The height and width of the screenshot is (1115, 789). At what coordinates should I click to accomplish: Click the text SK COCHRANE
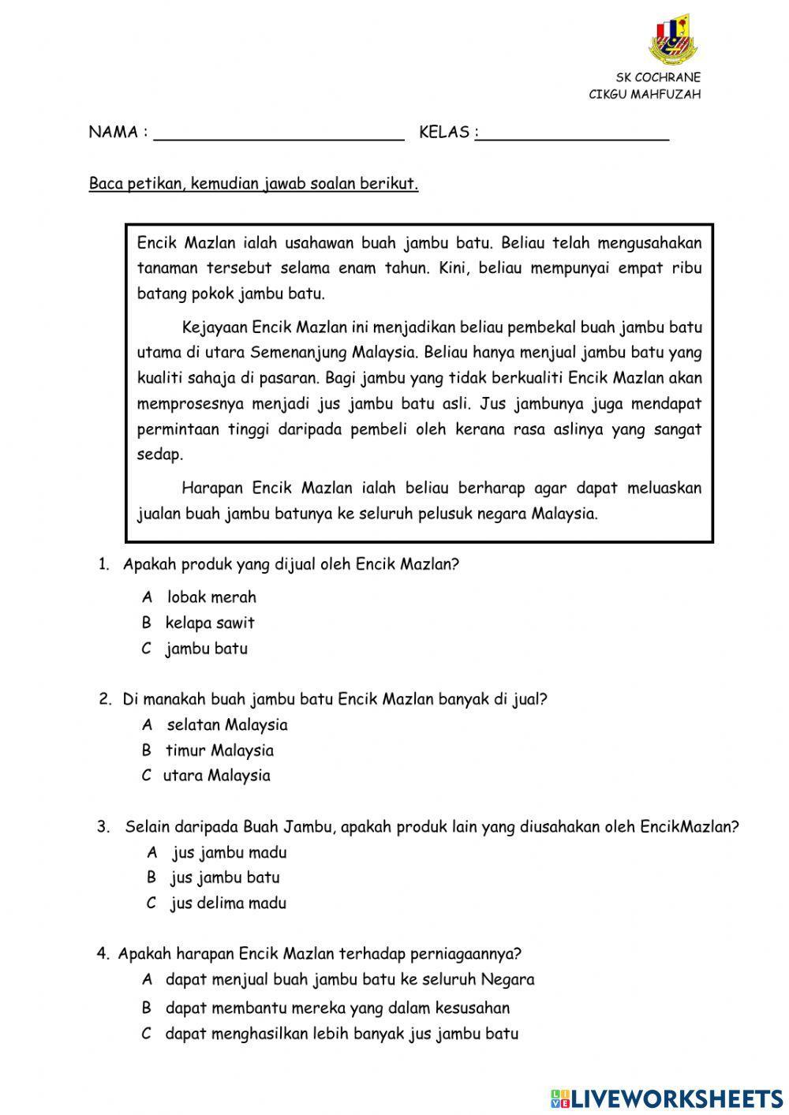click(658, 77)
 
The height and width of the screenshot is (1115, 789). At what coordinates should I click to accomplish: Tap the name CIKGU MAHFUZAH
click(645, 95)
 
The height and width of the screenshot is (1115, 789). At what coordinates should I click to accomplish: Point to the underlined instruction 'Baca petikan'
click(253, 185)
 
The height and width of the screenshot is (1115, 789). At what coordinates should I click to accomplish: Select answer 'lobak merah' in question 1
click(211, 597)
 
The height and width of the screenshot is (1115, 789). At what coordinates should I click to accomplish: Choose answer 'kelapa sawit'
click(209, 623)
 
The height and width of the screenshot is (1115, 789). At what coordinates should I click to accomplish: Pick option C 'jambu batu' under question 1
click(206, 649)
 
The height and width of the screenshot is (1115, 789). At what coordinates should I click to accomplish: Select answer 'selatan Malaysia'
click(226, 724)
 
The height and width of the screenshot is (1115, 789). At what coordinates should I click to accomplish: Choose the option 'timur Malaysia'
click(219, 750)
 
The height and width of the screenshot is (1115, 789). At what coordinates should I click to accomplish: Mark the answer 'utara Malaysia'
click(216, 776)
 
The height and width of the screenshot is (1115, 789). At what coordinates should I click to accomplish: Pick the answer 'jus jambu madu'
click(229, 852)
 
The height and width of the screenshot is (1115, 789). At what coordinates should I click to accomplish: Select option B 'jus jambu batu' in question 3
click(224, 877)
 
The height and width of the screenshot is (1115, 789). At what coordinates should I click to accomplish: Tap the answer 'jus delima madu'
click(227, 904)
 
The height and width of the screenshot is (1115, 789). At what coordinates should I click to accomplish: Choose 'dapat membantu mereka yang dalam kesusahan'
click(337, 1008)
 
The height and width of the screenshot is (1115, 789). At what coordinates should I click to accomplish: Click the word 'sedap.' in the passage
click(160, 455)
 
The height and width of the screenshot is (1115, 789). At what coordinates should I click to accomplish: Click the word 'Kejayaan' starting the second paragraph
click(215, 327)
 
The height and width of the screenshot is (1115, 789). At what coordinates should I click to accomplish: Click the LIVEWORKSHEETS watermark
click(667, 1098)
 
